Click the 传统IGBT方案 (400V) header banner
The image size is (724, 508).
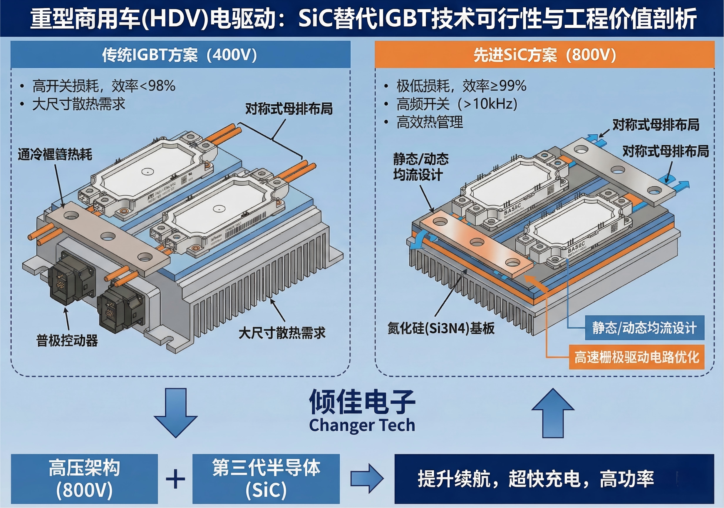[x=180, y=55]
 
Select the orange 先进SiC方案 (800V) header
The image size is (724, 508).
[x=544, y=55]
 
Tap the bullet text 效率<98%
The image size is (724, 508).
[x=143, y=86]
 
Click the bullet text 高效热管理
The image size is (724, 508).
[x=430, y=122]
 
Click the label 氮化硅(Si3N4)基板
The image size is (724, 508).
[x=441, y=328]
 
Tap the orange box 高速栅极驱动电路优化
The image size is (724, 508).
[x=636, y=357]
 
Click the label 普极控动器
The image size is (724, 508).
[x=67, y=341]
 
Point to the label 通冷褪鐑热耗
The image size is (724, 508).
[x=55, y=154]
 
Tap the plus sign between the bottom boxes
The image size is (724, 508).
[x=175, y=479]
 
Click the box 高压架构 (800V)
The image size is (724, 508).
[x=84, y=479]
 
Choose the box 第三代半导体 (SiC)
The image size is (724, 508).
[x=266, y=479]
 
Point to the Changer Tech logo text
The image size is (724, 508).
[x=362, y=425]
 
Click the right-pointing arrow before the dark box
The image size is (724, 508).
[x=367, y=479]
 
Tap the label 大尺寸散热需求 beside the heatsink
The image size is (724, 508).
[x=282, y=333]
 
